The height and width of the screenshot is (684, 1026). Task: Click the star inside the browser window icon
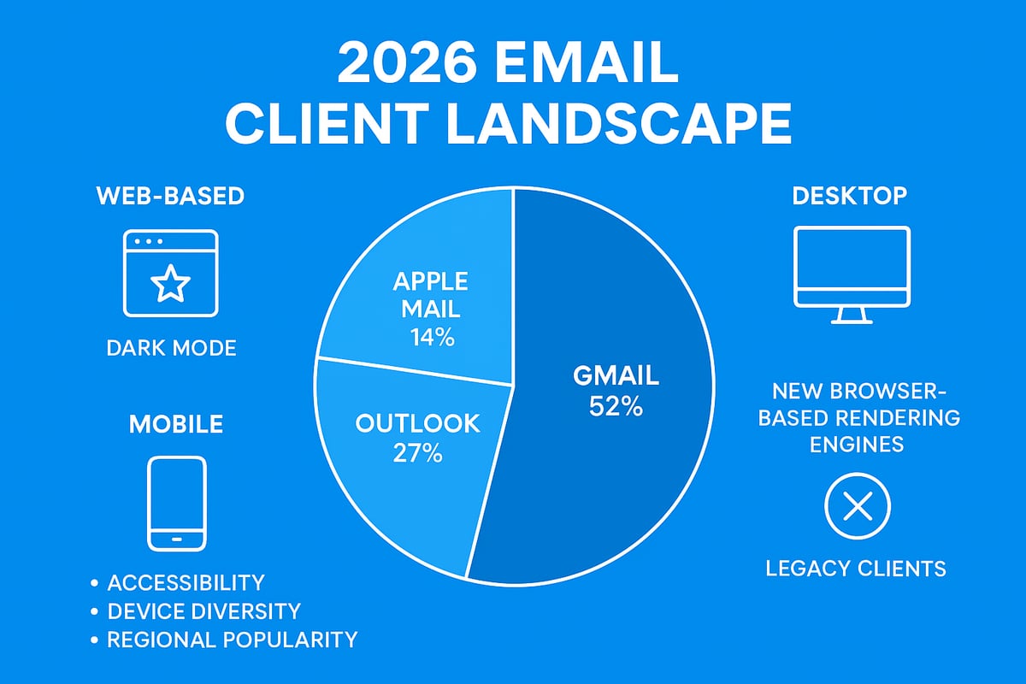170,284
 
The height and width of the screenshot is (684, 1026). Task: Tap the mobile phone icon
177,503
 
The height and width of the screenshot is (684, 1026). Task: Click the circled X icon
857,509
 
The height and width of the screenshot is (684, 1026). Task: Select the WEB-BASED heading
169,196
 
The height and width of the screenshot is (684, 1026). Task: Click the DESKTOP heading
850,196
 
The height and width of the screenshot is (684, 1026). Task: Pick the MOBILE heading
176,423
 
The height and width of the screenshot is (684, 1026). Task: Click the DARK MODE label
171,348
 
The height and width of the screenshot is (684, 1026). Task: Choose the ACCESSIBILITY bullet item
186,583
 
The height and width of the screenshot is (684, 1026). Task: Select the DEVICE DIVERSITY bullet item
203,610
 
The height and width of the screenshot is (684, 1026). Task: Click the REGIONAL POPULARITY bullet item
232,639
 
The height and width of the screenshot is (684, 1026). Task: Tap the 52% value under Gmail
616,407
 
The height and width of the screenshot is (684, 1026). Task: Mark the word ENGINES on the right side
858,445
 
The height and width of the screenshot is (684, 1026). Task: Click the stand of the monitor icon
852,315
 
